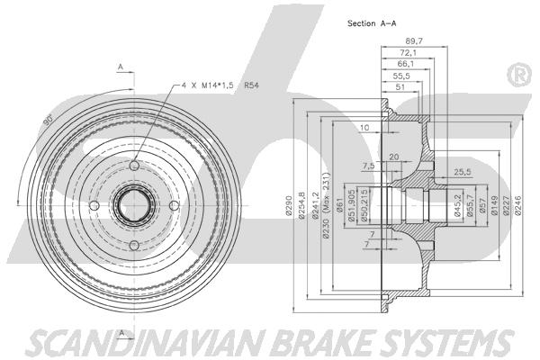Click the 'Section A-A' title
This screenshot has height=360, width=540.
[372, 23]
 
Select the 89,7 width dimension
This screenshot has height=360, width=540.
[414, 41]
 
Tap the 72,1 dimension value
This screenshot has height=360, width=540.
[408, 53]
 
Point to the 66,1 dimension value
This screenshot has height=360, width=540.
[405, 64]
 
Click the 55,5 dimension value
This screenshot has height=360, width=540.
[401, 76]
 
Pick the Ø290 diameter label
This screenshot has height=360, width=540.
[288, 206]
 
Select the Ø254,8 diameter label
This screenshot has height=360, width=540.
[301, 205]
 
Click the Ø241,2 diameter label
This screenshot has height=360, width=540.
[314, 205]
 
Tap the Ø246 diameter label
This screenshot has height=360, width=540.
[518, 206]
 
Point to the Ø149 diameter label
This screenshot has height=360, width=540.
[494, 206]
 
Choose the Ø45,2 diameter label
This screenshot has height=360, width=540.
[457, 206]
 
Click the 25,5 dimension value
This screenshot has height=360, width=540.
[463, 172]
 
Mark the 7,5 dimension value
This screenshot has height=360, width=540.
[368, 166]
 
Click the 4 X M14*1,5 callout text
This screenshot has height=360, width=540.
[208, 85]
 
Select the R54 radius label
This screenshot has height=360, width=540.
[251, 85]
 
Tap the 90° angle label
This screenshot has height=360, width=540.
[49, 119]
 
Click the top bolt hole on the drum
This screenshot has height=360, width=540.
[134, 166]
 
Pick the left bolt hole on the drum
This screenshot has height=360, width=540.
[94, 206]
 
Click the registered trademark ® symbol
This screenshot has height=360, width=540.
[520, 75]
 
